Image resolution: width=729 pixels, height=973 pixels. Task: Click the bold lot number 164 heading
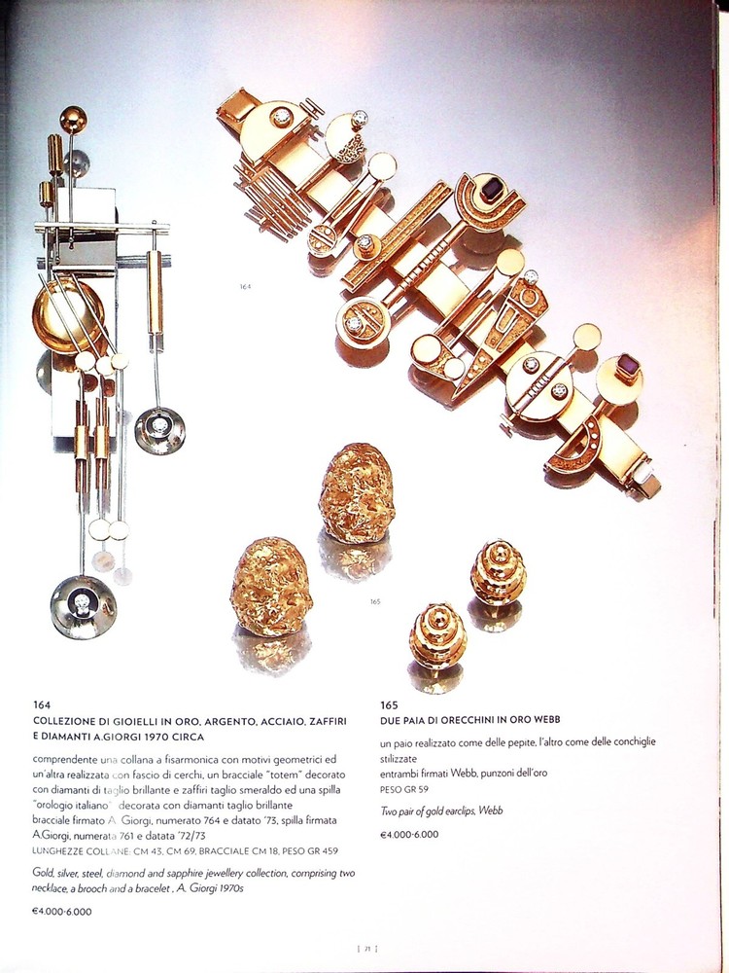tap(41, 704)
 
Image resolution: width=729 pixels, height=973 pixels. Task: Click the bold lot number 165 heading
tap(390, 704)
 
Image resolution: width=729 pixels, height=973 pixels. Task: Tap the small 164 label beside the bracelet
tap(245, 286)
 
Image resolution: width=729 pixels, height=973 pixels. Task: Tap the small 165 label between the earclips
tap(374, 601)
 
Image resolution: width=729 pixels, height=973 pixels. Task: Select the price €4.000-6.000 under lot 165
tap(409, 834)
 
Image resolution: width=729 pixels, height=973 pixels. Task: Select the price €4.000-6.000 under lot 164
tap(62, 912)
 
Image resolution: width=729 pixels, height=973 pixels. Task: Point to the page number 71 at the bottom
tap(368, 947)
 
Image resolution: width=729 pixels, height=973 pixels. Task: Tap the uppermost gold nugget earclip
tap(357, 493)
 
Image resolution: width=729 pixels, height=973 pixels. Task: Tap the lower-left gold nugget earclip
tap(271, 587)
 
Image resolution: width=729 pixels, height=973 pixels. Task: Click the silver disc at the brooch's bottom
tap(83, 607)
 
